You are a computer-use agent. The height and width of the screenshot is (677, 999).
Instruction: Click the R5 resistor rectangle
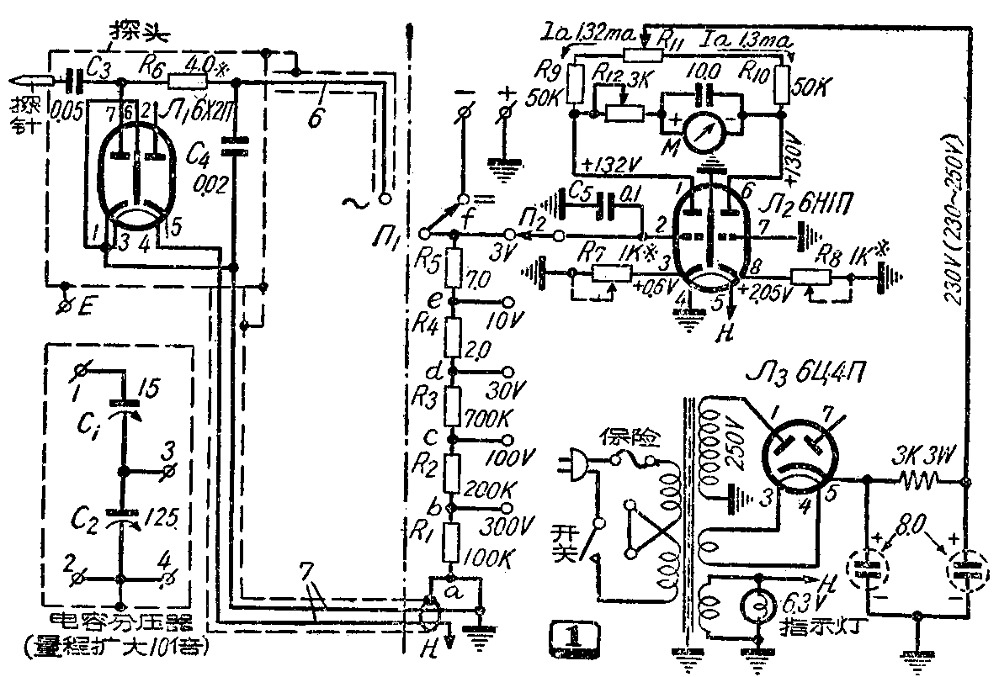454,267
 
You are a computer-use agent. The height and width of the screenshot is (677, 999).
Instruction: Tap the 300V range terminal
507,509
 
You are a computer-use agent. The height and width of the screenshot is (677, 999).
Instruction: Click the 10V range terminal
507,301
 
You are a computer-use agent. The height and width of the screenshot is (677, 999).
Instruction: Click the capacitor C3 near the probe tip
74,82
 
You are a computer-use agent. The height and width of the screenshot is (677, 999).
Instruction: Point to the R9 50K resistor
575,85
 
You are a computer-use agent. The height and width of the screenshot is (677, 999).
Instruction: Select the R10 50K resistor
781,85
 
